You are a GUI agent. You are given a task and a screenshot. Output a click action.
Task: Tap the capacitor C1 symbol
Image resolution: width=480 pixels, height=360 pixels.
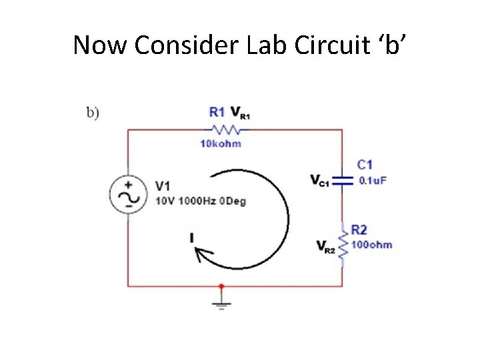342,179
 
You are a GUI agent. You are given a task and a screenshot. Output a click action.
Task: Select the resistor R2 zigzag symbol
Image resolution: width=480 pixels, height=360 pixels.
342,245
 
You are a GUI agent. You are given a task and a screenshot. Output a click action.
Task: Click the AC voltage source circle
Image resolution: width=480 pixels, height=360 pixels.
128,194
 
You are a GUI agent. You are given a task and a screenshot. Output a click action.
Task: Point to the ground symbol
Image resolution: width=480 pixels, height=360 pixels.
222,305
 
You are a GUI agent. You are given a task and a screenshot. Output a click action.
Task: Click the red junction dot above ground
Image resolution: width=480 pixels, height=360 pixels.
222,286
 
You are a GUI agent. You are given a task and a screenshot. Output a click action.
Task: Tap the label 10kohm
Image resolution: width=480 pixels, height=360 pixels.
221,143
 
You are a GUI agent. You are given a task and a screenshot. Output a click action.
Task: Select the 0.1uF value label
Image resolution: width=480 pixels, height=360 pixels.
373,180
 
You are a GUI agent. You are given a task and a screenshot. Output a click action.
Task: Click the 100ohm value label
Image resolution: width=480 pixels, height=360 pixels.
372,245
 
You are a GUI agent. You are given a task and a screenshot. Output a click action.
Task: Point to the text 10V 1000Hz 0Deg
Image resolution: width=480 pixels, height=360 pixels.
201,201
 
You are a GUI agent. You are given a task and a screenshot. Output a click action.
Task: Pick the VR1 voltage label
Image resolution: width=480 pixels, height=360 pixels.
240,113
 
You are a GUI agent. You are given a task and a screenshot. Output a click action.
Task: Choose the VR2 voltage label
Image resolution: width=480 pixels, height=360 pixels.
326,247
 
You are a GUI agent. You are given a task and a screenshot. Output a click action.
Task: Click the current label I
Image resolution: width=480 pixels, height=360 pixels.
192,237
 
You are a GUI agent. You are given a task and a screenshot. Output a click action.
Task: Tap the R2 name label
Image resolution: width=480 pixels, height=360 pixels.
359,230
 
